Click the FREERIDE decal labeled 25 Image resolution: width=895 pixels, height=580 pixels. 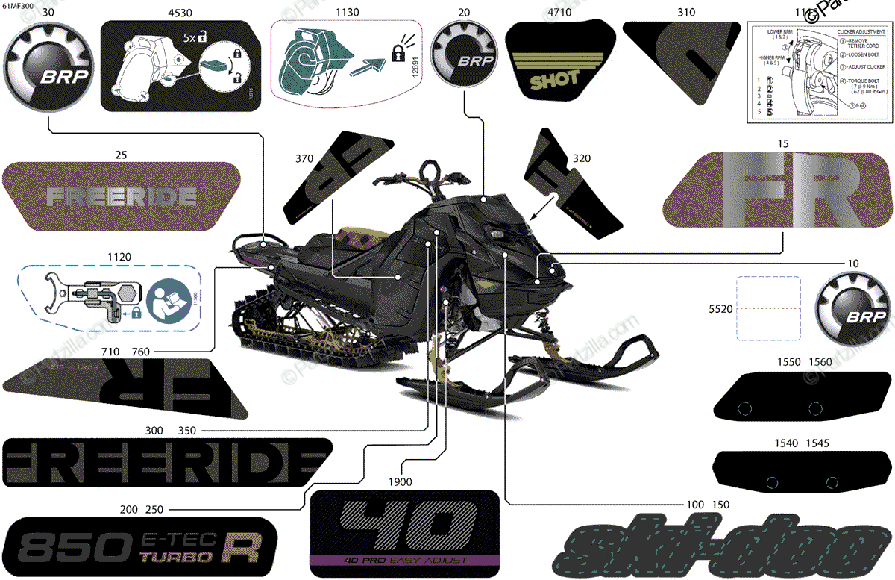[122, 196]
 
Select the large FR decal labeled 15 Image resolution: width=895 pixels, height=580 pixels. [779, 191]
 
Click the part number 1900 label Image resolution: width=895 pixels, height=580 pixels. [401, 482]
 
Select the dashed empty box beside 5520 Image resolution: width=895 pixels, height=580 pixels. [769, 308]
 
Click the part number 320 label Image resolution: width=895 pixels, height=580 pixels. [582, 159]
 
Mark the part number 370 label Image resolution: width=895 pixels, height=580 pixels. [304, 159]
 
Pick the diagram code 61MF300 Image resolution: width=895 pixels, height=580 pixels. [18, 6]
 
